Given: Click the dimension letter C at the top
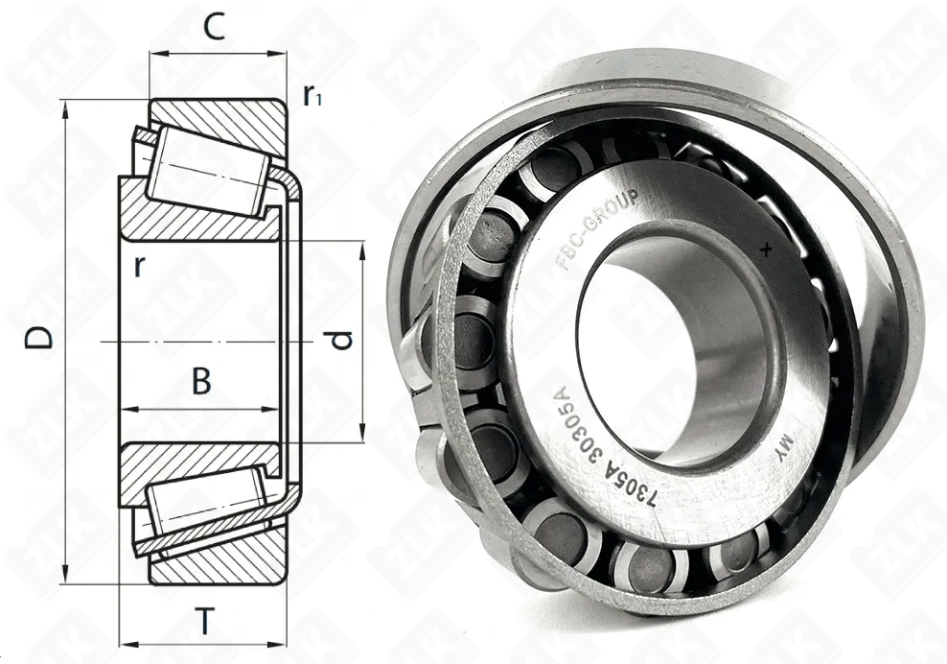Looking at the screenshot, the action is click(214, 26).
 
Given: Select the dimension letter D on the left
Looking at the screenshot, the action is click(38, 338).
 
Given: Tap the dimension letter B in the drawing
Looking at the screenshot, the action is click(201, 382).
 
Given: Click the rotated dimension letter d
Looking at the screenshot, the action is click(342, 340).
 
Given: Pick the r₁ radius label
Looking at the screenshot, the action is click(312, 95).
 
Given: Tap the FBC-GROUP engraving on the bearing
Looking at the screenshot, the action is click(595, 229).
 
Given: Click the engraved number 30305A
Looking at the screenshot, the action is click(578, 430).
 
